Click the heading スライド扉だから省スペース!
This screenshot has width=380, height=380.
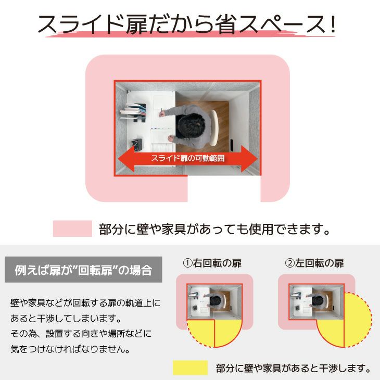click(186, 24)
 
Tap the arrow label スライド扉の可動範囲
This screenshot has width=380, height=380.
click(188, 158)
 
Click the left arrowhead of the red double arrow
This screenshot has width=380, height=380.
click(126, 159)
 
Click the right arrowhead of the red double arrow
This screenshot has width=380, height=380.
click(249, 159)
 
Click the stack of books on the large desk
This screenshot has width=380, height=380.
click(133, 112)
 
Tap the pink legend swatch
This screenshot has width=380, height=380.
click(72, 229)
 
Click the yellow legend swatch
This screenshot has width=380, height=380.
click(190, 368)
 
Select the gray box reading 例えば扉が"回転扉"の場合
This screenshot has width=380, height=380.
click(83, 270)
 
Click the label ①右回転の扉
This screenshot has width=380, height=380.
click(212, 263)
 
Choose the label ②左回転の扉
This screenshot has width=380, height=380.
click(314, 263)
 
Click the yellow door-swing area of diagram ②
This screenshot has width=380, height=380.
click(349, 322)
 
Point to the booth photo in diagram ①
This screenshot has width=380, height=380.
click(214, 302)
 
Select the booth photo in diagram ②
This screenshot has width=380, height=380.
click(316, 302)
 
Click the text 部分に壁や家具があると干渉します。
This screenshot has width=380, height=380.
click(293, 368)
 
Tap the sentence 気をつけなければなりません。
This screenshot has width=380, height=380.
click(70, 349)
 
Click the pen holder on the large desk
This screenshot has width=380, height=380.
click(137, 144)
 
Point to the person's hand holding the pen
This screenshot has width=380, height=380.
click(161, 113)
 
